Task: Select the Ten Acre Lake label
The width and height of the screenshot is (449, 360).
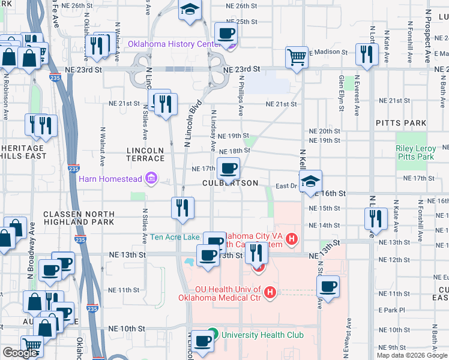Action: click(175, 238)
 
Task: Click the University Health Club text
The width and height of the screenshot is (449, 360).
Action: click(262, 335)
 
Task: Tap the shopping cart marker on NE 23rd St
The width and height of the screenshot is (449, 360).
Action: click(297, 58)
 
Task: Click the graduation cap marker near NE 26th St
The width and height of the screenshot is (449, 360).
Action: click(190, 10)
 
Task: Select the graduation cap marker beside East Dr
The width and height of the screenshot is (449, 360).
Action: click(310, 181)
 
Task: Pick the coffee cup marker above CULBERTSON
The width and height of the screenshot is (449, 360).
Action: click(228, 169)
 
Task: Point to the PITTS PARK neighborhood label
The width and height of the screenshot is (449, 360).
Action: click(401, 123)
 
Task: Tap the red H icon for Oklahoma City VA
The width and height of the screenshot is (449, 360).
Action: click(292, 239)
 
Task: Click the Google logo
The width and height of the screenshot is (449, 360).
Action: click(20, 353)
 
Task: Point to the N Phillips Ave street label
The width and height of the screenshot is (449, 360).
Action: click(241, 95)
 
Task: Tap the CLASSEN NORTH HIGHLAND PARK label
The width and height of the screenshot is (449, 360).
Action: click(78, 218)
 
